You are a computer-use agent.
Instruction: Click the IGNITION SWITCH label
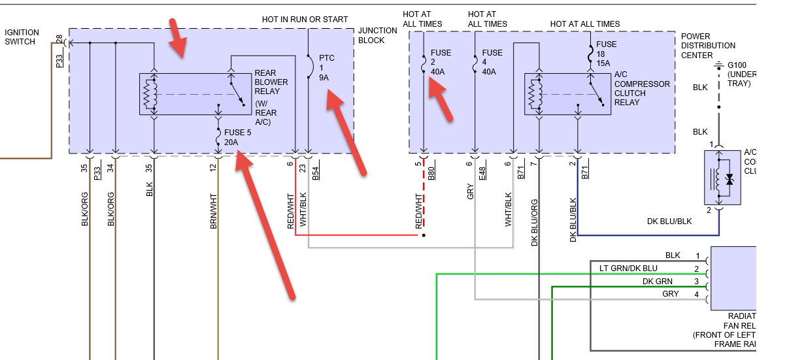tap(22, 37)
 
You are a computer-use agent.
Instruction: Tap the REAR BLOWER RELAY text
tap(271, 83)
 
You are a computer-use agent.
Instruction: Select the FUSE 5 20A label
tap(237, 137)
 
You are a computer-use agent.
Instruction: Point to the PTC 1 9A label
tap(327, 68)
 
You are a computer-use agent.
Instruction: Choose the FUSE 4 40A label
tap(492, 63)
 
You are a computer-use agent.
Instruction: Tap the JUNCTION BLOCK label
tap(377, 35)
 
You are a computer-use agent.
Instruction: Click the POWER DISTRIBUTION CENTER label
tap(708, 46)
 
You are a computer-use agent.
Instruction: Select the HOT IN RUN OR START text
tap(305, 20)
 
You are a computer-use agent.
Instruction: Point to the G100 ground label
tap(743, 74)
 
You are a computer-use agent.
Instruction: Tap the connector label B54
tap(315, 173)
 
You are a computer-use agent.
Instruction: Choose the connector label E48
tap(482, 173)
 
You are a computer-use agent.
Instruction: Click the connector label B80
tap(431, 173)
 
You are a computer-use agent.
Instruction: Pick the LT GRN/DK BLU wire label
tap(628, 269)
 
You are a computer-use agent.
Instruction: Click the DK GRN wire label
tap(656, 282)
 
